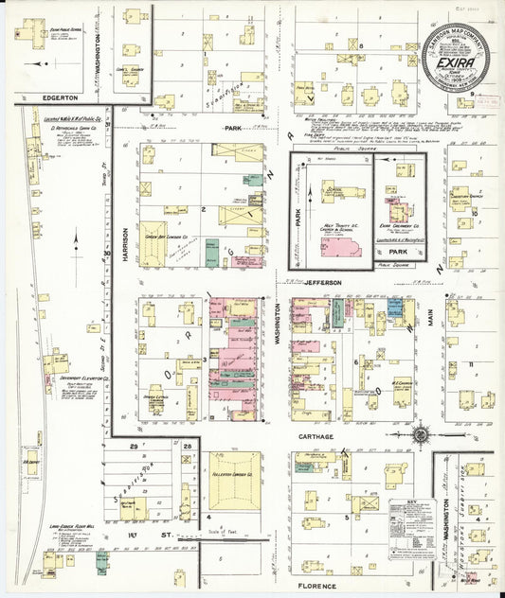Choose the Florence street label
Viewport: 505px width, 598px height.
(316, 586)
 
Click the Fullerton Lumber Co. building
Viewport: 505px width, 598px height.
(234, 480)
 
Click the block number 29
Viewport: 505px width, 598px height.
(135, 445)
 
